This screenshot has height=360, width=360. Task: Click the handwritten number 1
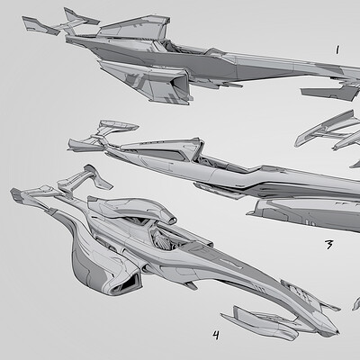pyautogui.click(x=337, y=49)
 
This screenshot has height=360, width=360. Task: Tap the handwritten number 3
pyautogui.click(x=329, y=245)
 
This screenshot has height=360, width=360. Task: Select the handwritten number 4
pyautogui.click(x=216, y=335)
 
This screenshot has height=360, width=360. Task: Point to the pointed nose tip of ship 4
pyautogui.click(x=337, y=332)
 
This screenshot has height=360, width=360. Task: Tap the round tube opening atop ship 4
pyautogui.click(x=172, y=220)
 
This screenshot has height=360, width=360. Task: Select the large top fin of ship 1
pyautogui.click(x=133, y=28)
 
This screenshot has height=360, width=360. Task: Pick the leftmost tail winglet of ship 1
pyautogui.click(x=40, y=25)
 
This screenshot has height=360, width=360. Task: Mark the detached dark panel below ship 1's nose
pyautogui.click(x=330, y=93)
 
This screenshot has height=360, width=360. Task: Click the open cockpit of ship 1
pyautogui.click(x=183, y=48)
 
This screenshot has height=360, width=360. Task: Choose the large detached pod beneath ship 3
pyautogui.click(x=303, y=213)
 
